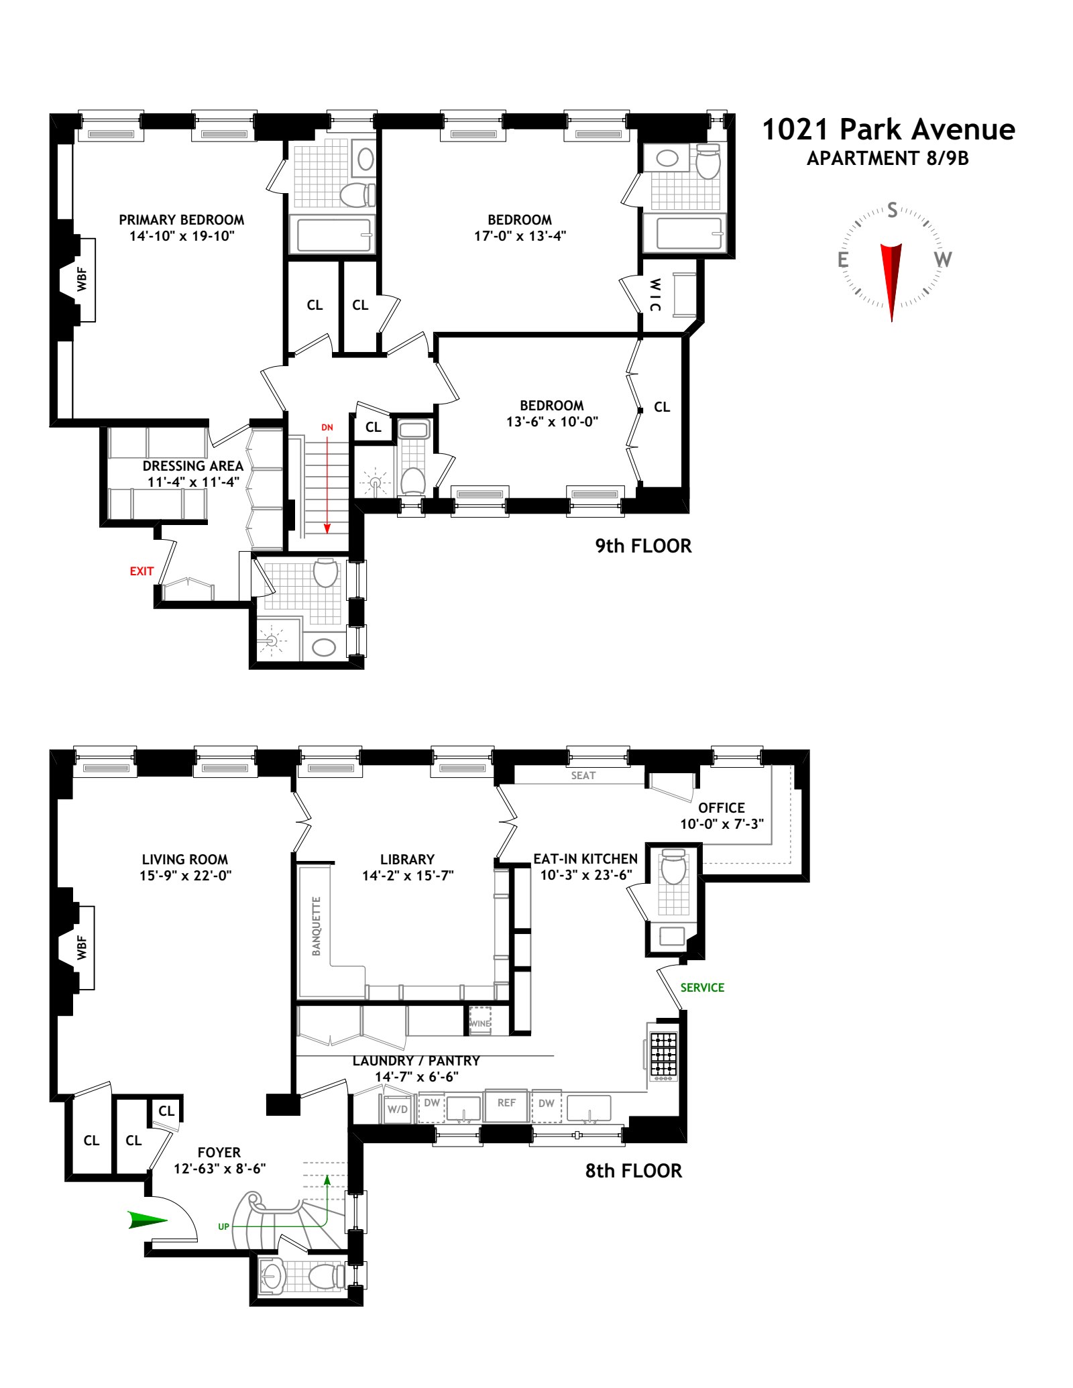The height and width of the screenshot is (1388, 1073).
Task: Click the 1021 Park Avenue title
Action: click(x=888, y=129)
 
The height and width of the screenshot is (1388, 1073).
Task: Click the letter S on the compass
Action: click(x=892, y=210)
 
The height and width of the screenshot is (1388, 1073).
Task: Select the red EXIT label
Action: click(x=142, y=571)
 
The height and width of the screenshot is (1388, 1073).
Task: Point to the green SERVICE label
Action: click(x=702, y=988)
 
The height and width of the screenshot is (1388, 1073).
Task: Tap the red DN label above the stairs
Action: click(x=327, y=427)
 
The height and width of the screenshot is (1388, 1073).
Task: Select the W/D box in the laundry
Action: click(x=398, y=1109)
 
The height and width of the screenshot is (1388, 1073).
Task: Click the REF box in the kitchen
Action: click(x=506, y=1103)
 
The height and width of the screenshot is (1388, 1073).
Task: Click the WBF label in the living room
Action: click(x=82, y=947)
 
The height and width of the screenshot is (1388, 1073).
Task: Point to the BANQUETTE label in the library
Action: click(x=316, y=926)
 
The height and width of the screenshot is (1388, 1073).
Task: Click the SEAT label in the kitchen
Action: click(x=583, y=775)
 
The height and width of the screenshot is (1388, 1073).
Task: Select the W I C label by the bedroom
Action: click(x=655, y=295)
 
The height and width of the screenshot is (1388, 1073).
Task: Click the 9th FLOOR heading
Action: click(x=642, y=546)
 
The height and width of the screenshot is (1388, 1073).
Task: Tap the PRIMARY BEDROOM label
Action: click(x=181, y=220)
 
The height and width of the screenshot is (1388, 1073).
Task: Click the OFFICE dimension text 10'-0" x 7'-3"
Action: click(x=722, y=824)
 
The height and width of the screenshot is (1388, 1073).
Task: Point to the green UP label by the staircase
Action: click(x=223, y=1226)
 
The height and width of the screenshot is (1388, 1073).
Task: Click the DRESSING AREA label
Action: click(x=192, y=466)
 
